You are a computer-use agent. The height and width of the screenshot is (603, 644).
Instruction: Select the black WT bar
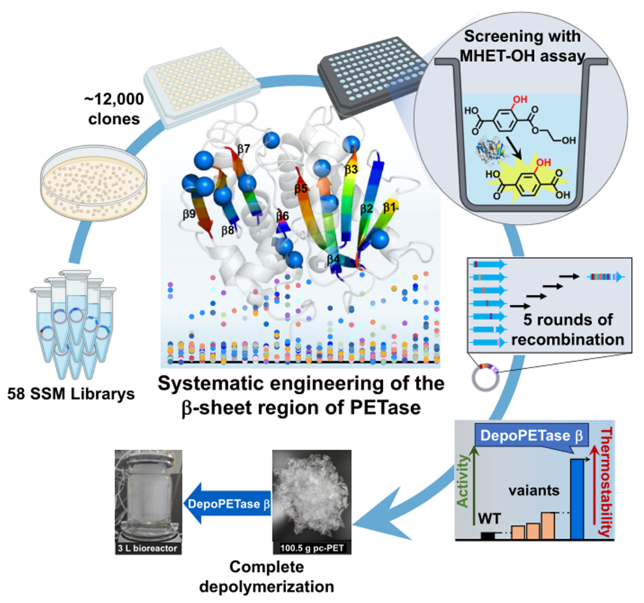coord(488,535)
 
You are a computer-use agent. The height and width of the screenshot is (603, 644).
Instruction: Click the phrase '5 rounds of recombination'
coord(565,332)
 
